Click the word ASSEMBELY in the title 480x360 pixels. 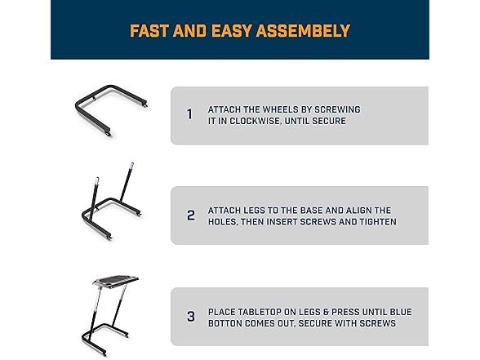[303, 31]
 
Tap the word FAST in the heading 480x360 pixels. [149, 31]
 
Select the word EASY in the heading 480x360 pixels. [232, 31]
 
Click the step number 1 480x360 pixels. [189, 114]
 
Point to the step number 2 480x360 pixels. [191, 216]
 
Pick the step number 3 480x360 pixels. [191, 317]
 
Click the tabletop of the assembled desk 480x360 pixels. [116, 281]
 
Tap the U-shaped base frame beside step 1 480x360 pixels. [91, 101]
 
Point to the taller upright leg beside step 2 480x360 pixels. [127, 183]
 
